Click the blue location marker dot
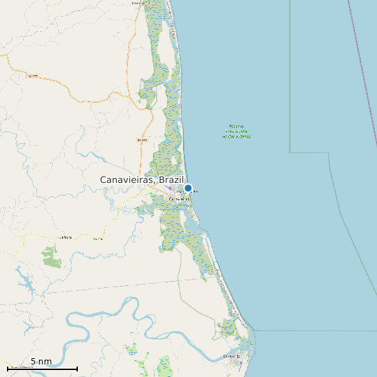click(x=188, y=188)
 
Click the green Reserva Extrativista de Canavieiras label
click(x=236, y=131)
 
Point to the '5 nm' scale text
click(x=41, y=362)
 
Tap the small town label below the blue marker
click(x=179, y=199)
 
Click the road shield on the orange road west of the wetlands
click(x=142, y=140)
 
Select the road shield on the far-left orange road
click(x=33, y=75)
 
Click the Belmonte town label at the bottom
click(x=232, y=357)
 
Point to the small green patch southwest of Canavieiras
click(x=51, y=257)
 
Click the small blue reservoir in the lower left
click(x=24, y=281)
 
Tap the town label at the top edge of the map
click(x=140, y=3)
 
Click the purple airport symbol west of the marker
click(x=169, y=186)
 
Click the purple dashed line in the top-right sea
click(x=362, y=42)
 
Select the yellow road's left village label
click(x=65, y=236)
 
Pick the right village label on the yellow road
click(x=97, y=239)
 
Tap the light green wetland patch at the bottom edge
click(x=164, y=366)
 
